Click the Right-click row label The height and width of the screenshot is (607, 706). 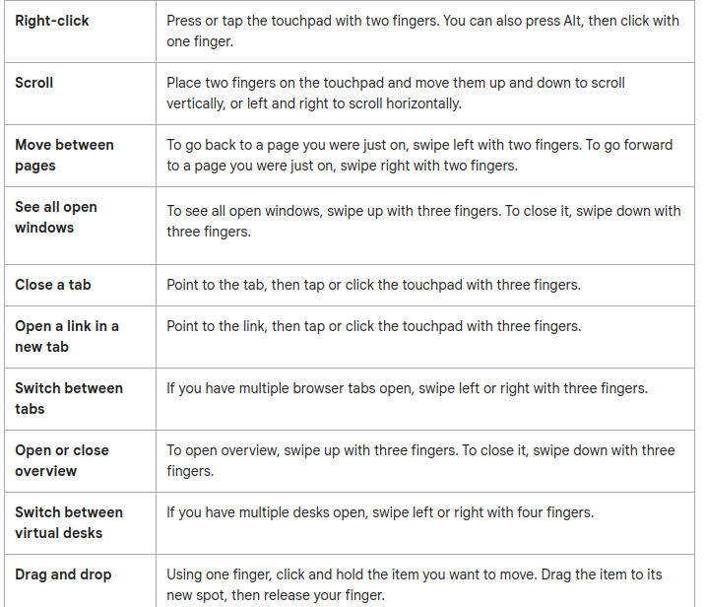point(52,21)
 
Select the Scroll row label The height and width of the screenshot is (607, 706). point(34,83)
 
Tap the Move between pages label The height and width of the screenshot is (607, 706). point(64,155)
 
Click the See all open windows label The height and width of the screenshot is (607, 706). point(55,217)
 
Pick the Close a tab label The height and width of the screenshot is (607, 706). point(53,285)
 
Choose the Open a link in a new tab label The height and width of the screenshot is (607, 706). point(67,336)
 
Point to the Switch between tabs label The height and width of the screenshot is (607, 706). point(69,398)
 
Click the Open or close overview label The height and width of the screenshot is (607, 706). point(62,460)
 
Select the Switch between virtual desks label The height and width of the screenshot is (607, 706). point(69,522)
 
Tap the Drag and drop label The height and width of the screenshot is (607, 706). point(63,574)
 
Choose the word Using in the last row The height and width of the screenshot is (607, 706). point(186,574)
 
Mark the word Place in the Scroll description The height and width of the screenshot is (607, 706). point(186,83)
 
